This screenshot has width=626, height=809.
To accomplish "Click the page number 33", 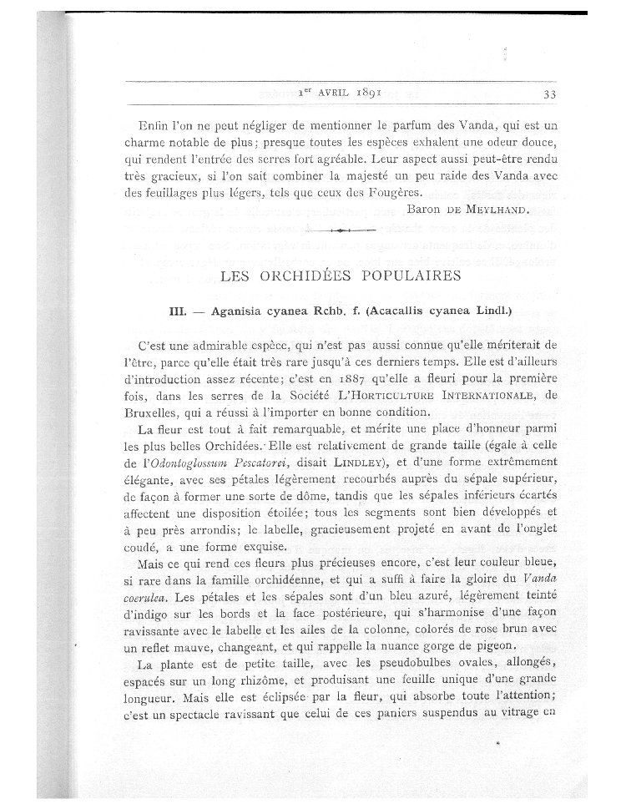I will coord(549,94).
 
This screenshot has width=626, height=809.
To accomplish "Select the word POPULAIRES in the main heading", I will coord(402,274).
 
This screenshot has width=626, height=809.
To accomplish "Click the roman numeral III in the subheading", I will coord(177,311).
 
